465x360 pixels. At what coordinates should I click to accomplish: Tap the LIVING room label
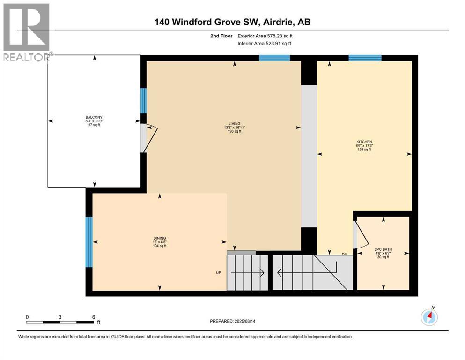click(234, 123)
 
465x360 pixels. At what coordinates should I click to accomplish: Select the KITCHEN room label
click(364, 142)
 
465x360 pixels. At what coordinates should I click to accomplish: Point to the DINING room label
click(159, 238)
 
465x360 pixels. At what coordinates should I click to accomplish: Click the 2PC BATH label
click(383, 249)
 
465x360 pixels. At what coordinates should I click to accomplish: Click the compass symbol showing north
click(429, 317)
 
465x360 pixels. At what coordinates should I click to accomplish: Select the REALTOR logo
click(27, 32)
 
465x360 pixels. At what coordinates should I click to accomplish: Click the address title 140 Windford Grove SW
click(233, 22)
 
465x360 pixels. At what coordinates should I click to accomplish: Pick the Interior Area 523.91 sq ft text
click(265, 43)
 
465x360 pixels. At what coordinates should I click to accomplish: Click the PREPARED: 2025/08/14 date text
click(233, 321)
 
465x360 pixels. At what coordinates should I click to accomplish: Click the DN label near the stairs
click(345, 254)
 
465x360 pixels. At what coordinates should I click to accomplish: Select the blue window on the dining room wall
click(89, 242)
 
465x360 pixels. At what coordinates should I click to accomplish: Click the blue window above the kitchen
click(365, 58)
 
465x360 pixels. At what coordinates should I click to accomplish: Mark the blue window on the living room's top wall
click(274, 58)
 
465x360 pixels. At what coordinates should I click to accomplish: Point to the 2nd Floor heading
click(221, 36)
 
